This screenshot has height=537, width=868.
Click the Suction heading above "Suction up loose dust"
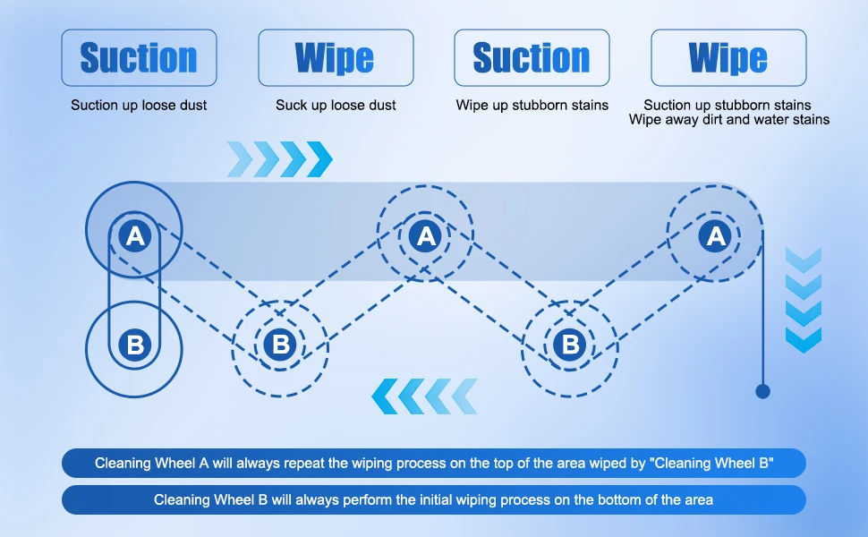(x=139, y=57)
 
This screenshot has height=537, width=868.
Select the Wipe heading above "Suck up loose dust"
(x=335, y=57)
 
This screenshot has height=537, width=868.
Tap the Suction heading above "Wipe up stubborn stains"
(x=532, y=57)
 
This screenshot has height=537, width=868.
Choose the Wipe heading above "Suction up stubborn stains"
(x=728, y=57)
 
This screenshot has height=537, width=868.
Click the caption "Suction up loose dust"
(x=139, y=106)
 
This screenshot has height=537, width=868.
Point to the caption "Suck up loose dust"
(x=336, y=106)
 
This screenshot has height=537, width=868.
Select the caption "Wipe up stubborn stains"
(x=532, y=106)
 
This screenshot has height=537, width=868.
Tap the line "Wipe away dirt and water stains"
(x=729, y=120)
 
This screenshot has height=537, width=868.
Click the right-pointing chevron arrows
(x=279, y=159)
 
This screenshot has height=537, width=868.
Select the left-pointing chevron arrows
(x=424, y=396)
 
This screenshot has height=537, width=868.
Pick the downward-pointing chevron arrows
(x=804, y=300)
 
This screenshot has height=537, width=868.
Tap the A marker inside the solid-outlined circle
(x=135, y=236)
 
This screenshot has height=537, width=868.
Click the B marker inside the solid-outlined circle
(x=135, y=345)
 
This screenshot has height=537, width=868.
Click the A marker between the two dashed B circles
(x=425, y=236)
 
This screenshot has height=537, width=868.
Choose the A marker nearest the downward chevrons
(x=715, y=236)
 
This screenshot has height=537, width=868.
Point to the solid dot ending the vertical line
(x=762, y=391)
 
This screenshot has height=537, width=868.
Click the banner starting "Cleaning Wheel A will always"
(x=434, y=463)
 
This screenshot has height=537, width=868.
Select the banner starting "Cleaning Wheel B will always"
(x=434, y=500)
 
